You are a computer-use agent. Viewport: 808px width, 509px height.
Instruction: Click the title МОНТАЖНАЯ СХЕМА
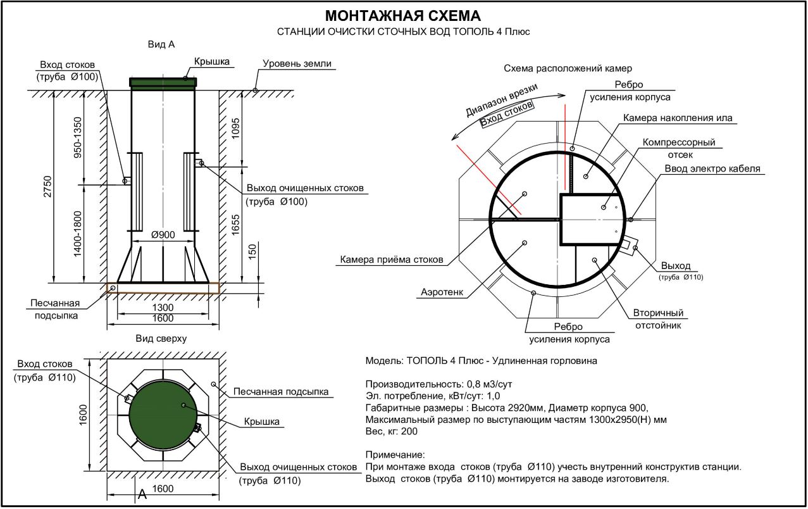[x=403, y=16]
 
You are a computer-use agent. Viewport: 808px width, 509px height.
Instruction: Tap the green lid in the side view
[x=163, y=82]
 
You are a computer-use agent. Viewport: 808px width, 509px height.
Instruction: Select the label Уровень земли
[x=297, y=64]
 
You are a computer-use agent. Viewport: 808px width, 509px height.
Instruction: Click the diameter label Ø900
[x=163, y=235]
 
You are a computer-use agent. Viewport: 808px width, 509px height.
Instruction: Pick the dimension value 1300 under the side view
[x=163, y=308]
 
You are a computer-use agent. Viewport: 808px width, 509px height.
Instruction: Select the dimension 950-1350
[x=78, y=137]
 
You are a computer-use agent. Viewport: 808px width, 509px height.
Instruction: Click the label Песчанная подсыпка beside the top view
[x=282, y=392]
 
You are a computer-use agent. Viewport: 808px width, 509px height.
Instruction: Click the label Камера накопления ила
[x=678, y=118]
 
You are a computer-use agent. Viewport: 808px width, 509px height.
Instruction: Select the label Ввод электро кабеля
[x=712, y=168]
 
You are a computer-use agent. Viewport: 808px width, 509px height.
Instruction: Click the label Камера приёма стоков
[x=392, y=260]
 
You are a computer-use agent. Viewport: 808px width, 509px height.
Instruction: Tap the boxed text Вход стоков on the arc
[x=507, y=113]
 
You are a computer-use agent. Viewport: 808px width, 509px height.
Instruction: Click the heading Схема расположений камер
[x=568, y=68]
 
